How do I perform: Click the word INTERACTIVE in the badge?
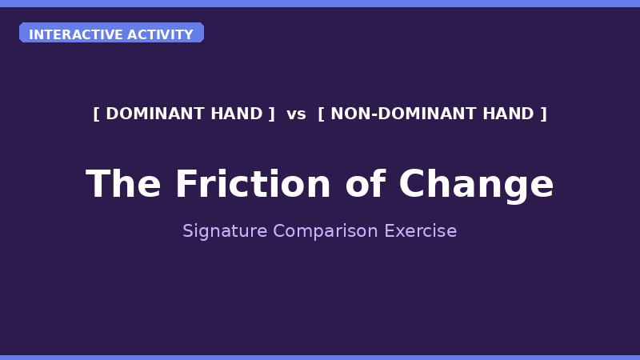point(67,34)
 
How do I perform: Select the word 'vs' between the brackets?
point(296,114)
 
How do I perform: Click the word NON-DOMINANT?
point(392,114)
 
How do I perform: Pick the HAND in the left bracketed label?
point(236,114)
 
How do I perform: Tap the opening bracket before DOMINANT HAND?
point(96,114)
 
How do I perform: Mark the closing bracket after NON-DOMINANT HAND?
point(544,114)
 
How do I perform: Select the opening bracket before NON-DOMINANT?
point(321,114)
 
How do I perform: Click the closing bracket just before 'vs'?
point(272,114)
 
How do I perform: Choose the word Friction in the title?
point(253,184)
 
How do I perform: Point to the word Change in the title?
point(477,184)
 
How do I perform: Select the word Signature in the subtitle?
point(225,231)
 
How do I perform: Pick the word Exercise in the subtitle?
point(421,231)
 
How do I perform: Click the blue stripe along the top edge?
point(320,3)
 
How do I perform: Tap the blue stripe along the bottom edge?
point(320,357)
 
